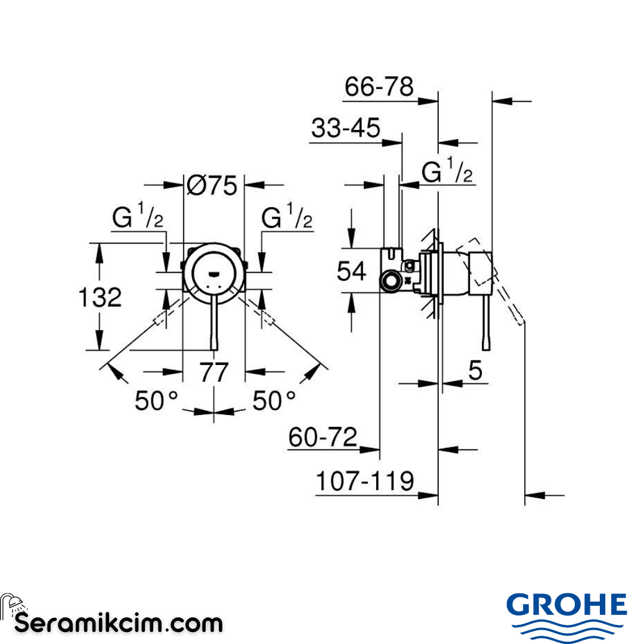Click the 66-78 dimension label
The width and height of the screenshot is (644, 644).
(x=379, y=87)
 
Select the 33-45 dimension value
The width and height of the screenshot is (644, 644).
(x=346, y=128)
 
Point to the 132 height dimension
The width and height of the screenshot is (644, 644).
(x=100, y=297)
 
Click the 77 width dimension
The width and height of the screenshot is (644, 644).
(x=213, y=372)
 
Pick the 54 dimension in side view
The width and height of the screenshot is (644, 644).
(x=351, y=271)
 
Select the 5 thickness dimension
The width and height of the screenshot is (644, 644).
(x=475, y=371)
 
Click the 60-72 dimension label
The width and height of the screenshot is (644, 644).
(x=323, y=438)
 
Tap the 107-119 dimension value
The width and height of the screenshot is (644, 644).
(x=364, y=481)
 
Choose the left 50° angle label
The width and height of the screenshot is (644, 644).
(x=156, y=401)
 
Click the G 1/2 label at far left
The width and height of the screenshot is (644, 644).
(x=138, y=218)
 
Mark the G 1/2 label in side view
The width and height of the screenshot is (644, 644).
(x=448, y=171)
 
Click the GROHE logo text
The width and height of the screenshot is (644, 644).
(x=566, y=606)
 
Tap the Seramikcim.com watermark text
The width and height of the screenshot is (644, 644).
(x=119, y=624)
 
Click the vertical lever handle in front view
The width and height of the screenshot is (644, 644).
(x=214, y=325)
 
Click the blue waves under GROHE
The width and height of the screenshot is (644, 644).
(x=566, y=630)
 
